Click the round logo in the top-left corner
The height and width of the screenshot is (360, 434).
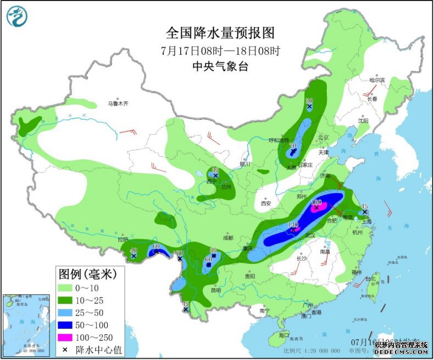(x=16, y=16)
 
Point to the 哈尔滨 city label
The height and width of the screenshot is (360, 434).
(x=379, y=81)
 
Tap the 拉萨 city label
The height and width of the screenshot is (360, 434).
(x=122, y=239)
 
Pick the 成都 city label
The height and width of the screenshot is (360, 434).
(x=228, y=238)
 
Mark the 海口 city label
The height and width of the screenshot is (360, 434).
(x=283, y=335)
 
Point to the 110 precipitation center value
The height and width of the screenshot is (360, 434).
(x=292, y=225)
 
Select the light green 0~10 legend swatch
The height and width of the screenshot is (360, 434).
(x=68, y=288)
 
